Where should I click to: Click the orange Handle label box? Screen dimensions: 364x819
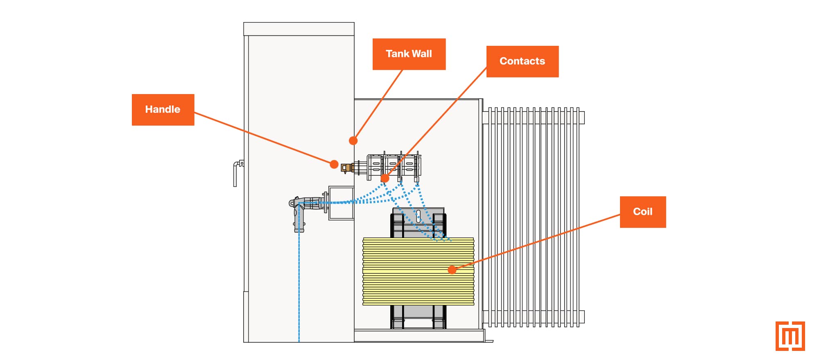click(x=163, y=110)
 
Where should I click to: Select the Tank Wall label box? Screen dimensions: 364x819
click(x=409, y=54)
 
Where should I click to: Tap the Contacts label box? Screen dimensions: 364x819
click(x=522, y=61)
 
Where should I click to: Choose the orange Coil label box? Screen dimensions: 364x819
click(x=643, y=212)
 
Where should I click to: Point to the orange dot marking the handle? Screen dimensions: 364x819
click(x=334, y=164)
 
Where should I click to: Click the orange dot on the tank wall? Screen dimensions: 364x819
click(x=353, y=141)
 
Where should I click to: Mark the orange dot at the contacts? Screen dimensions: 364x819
click(x=385, y=178)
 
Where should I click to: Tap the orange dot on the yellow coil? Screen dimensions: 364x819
click(x=452, y=270)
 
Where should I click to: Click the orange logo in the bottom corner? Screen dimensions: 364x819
click(x=790, y=336)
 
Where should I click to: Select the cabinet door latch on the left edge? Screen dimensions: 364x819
click(x=237, y=172)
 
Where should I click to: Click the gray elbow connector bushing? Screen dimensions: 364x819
click(x=300, y=213)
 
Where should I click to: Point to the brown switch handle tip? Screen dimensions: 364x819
click(x=346, y=167)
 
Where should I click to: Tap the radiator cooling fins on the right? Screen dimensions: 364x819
click(x=532, y=217)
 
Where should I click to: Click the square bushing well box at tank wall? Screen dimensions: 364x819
click(x=341, y=203)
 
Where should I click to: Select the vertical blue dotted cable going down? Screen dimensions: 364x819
click(x=299, y=286)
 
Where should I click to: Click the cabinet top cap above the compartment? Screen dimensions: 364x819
click(x=299, y=29)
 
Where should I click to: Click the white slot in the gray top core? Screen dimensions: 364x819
click(x=418, y=216)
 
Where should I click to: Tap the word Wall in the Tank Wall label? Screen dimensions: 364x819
click(x=422, y=54)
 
